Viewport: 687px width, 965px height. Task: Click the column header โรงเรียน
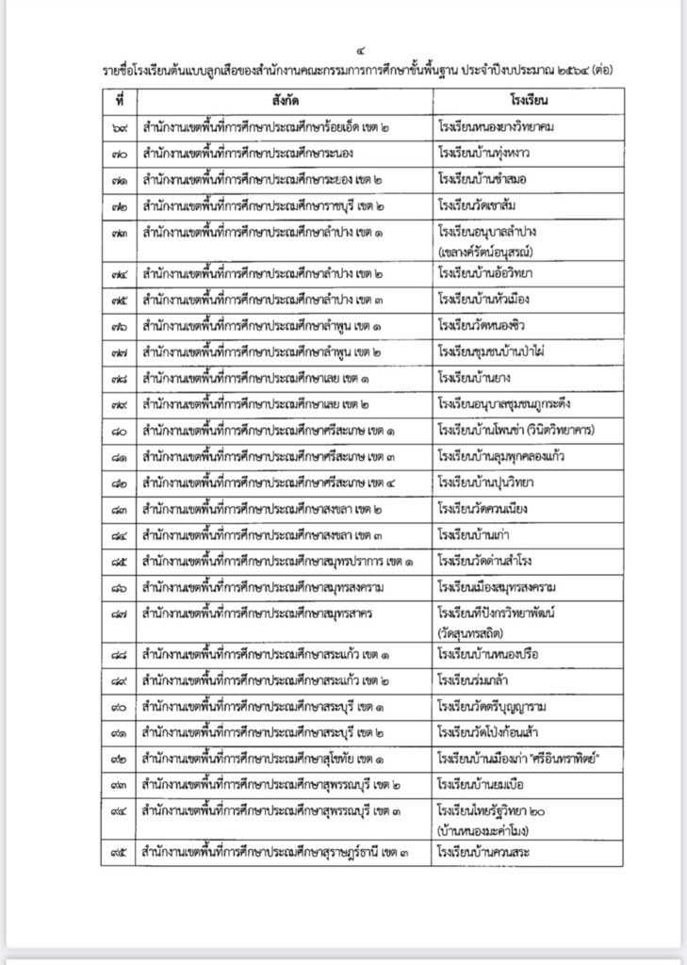(x=532, y=99)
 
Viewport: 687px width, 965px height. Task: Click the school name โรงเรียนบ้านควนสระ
(x=489, y=854)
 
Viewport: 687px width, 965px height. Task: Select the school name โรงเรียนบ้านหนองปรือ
(x=495, y=653)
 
